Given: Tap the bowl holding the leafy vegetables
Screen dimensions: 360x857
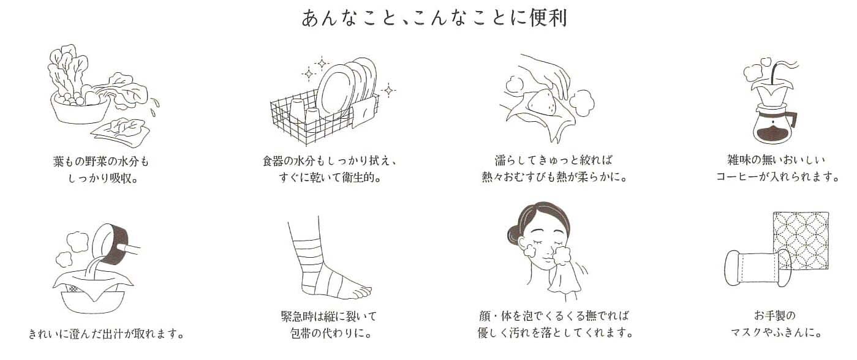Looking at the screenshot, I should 79,108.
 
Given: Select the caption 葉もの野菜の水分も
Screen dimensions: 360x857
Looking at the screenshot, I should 101,162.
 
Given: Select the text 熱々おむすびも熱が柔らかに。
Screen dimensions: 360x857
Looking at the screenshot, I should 554,178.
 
